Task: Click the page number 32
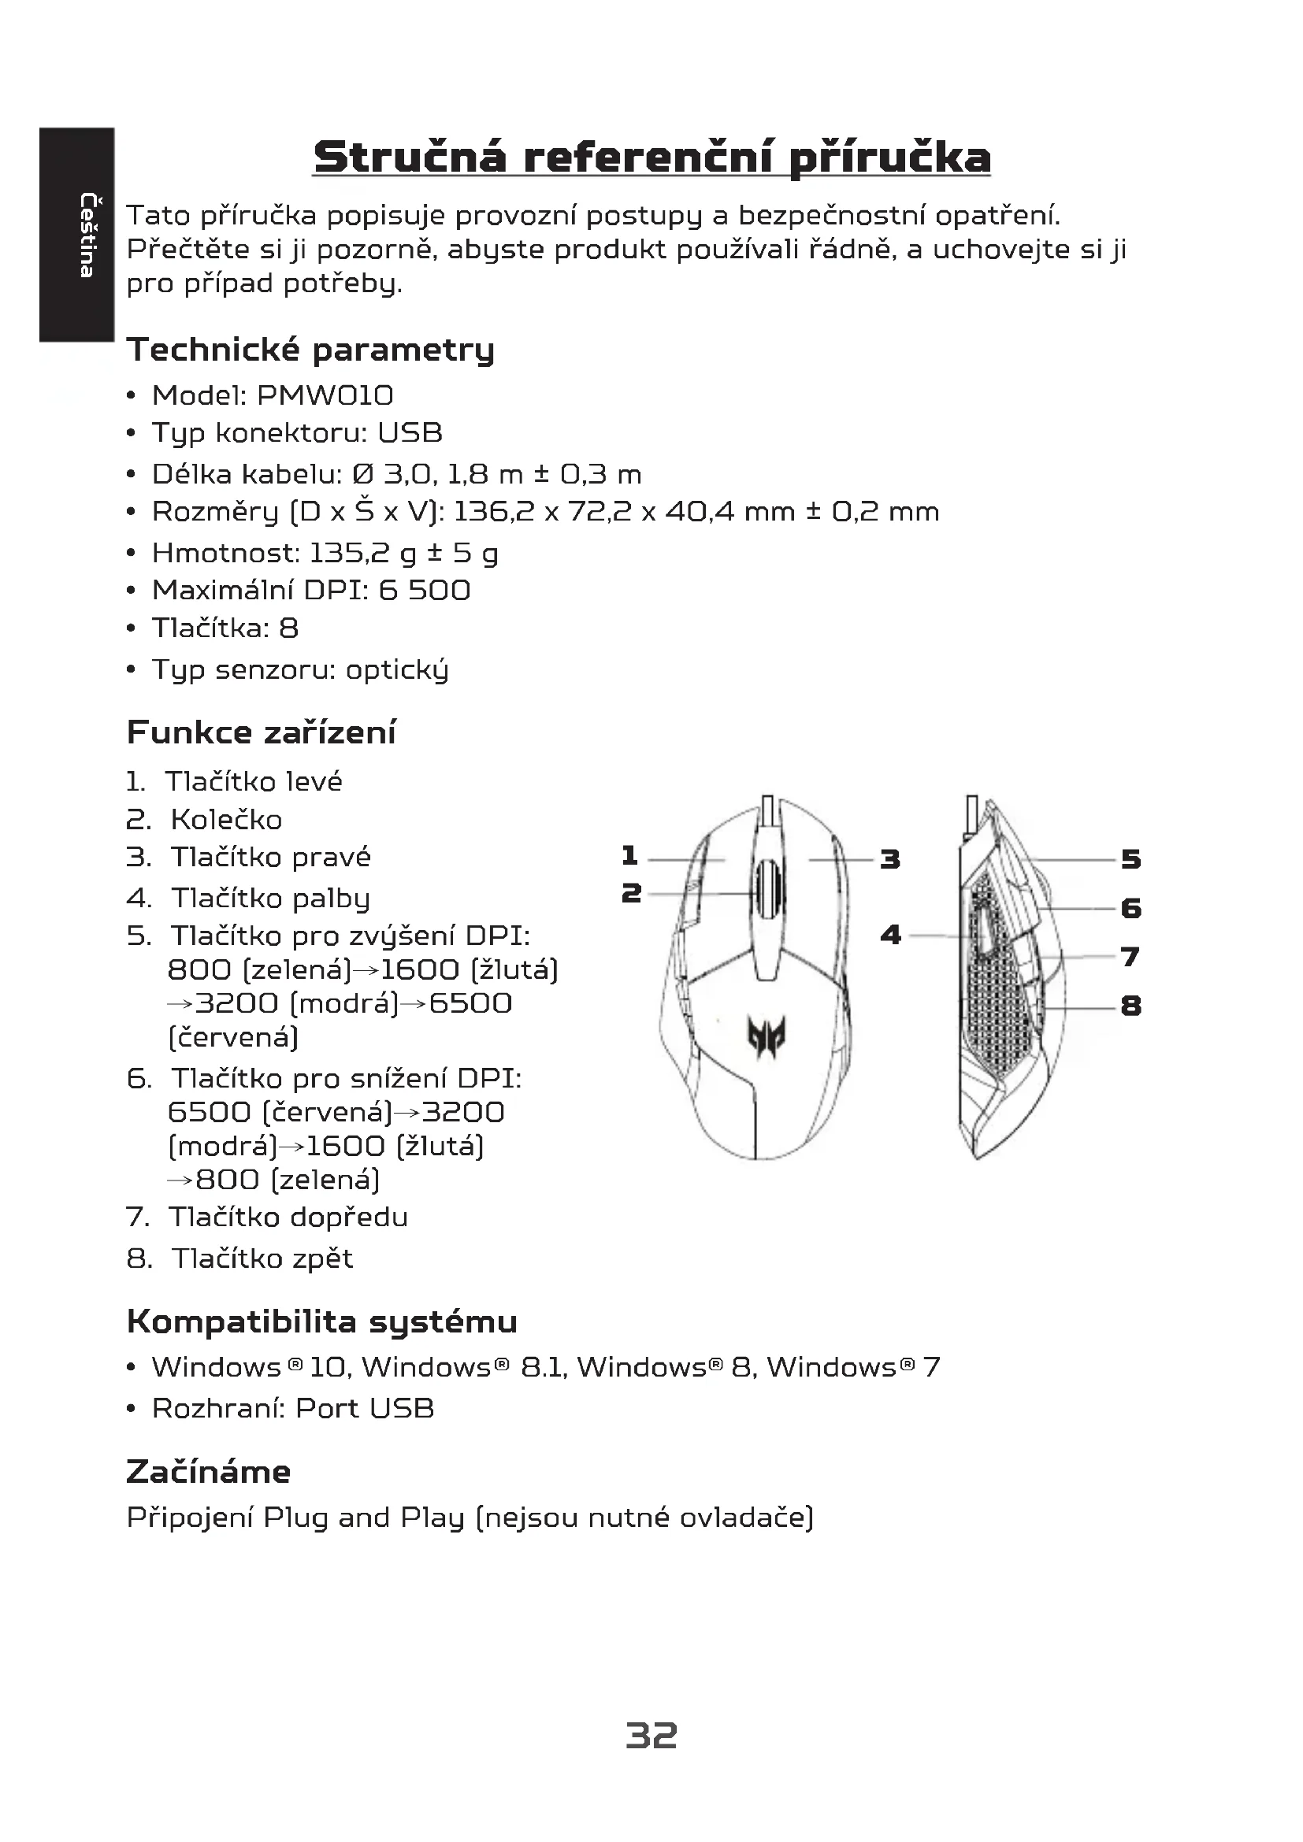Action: coord(651,1736)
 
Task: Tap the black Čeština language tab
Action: coord(76,234)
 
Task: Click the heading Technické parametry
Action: coord(310,350)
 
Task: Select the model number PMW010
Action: coord(325,395)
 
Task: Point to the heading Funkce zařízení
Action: coord(262,732)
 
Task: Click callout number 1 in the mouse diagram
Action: coord(630,856)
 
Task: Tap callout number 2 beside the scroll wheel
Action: coord(632,893)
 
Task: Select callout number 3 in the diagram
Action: coord(889,860)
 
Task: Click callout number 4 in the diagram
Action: coord(891,935)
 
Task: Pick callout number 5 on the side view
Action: coord(1130,860)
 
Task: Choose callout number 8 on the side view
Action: coord(1130,1006)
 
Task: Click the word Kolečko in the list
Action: coord(226,820)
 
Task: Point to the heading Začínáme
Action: coord(209,1472)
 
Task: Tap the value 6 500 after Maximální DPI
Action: coord(425,591)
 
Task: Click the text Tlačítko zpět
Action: coord(262,1258)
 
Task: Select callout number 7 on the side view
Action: coord(1130,957)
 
